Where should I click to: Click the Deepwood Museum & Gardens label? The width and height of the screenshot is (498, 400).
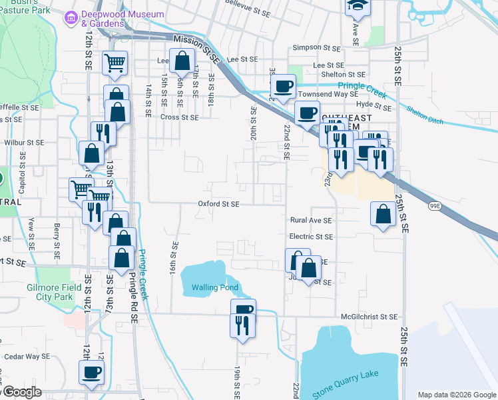(x=123, y=19)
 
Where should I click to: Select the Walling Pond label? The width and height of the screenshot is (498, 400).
(x=210, y=288)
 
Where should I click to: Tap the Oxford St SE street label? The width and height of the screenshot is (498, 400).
(x=218, y=205)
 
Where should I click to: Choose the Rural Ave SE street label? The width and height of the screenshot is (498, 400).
(x=310, y=220)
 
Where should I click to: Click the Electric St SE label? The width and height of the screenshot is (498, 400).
(x=311, y=237)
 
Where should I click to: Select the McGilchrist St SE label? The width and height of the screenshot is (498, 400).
(x=369, y=317)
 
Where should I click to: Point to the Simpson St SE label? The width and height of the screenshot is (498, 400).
(x=316, y=48)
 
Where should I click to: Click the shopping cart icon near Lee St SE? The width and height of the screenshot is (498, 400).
(x=115, y=63)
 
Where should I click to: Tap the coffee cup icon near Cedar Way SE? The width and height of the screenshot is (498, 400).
(x=92, y=372)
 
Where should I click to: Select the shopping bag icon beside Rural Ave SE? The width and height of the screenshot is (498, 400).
(x=383, y=214)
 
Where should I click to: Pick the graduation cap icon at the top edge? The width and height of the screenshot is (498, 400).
(x=357, y=6)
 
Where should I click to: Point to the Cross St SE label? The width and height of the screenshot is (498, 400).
(x=180, y=117)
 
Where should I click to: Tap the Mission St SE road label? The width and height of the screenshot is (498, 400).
(x=196, y=49)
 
